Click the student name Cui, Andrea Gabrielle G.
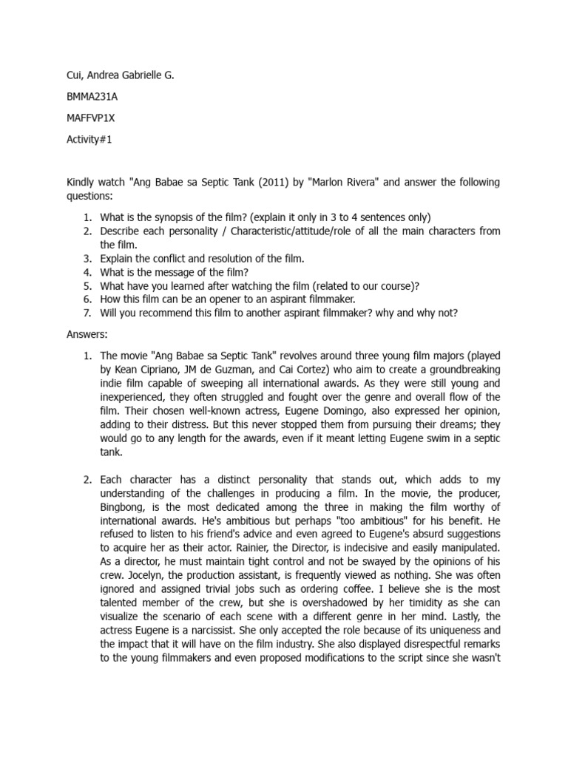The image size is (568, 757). (121, 75)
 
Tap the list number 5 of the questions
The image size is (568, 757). (87, 285)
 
